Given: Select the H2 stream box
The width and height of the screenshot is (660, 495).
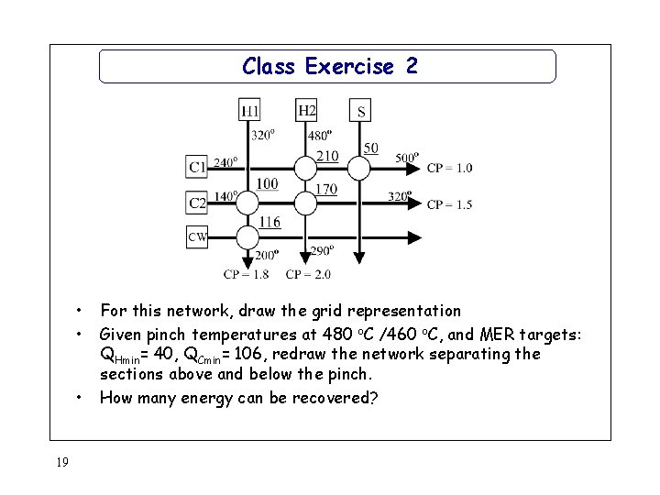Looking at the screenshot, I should click(x=307, y=111).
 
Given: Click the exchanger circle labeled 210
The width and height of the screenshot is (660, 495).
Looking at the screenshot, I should click(x=307, y=167).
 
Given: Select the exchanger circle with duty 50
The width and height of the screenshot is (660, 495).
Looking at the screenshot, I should click(x=361, y=167).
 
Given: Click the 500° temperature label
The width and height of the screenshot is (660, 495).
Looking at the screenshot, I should click(x=407, y=156).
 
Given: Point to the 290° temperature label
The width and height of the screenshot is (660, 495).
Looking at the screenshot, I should click(x=322, y=249).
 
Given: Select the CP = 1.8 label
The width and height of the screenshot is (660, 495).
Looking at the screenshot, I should click(x=246, y=273).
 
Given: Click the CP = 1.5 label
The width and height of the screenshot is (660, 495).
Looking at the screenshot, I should click(x=449, y=204).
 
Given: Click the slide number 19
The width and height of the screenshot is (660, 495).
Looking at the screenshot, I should click(x=61, y=462).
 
